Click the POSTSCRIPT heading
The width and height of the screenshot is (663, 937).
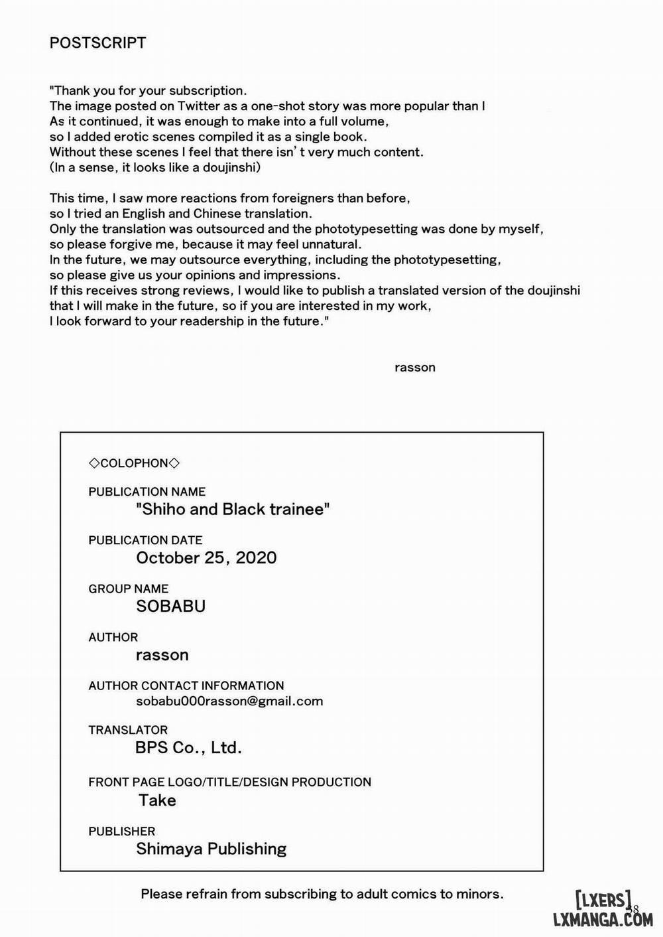(97, 43)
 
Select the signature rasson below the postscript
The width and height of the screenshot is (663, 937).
(414, 368)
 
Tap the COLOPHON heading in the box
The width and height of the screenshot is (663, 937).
(134, 463)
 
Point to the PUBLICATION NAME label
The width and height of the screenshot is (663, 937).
(147, 492)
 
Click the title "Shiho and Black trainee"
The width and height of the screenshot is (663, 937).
(233, 509)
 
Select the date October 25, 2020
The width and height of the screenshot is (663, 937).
(206, 557)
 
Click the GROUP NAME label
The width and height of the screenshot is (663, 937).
(129, 589)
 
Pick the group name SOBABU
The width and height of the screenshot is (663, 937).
(170, 606)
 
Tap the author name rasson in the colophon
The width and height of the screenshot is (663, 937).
(162, 655)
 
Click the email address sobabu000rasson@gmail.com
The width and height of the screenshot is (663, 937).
(229, 701)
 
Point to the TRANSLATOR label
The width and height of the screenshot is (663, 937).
(128, 730)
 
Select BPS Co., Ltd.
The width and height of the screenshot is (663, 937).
(188, 748)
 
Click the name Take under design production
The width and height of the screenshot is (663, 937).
(157, 800)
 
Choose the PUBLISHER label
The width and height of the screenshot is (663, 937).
(121, 831)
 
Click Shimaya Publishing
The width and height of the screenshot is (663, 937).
(211, 849)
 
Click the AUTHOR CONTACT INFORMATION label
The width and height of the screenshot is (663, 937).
(186, 685)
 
